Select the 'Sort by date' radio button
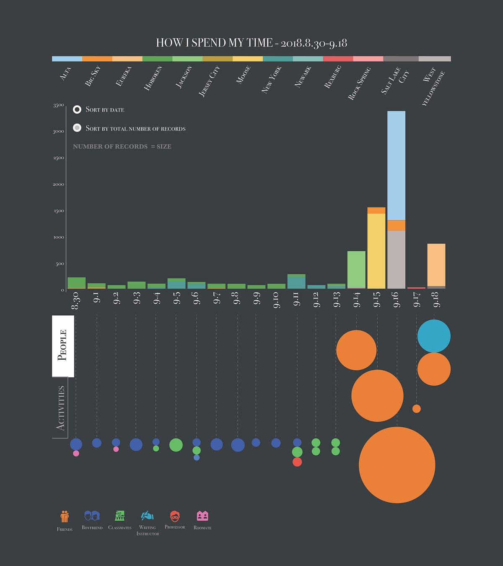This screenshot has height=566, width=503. click(x=77, y=109)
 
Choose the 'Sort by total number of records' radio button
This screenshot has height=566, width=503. click(x=77, y=127)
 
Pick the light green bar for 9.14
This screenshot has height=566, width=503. click(x=356, y=269)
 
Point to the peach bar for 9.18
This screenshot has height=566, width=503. click(x=436, y=265)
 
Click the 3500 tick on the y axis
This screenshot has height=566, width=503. click(x=59, y=105)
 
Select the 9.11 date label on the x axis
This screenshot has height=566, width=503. click(x=296, y=299)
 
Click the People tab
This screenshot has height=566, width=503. click(x=63, y=346)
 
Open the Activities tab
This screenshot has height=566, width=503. click(x=61, y=408)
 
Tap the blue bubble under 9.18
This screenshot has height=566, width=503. click(x=434, y=336)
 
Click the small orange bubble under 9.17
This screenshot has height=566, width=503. click(x=416, y=408)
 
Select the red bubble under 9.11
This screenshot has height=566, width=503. click(x=297, y=462)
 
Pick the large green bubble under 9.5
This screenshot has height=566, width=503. click(x=176, y=445)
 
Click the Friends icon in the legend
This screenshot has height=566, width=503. click(x=65, y=516)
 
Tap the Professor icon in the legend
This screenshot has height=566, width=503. click(x=175, y=516)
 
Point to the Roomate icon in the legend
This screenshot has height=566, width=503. click(x=202, y=516)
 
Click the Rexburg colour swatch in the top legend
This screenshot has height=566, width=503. click(x=338, y=59)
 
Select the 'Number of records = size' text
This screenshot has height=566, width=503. click(x=122, y=146)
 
